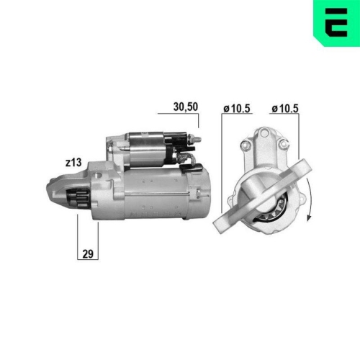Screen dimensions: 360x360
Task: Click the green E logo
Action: click(x=336, y=22)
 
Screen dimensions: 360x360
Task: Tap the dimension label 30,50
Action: click(x=186, y=107)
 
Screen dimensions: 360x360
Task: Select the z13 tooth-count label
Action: click(x=73, y=163)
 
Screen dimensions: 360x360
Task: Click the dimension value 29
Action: click(x=88, y=253)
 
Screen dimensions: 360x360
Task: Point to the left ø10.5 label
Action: click(x=237, y=109)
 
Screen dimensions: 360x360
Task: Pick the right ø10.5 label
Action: click(x=285, y=109)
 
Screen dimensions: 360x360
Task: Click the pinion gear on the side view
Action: click(x=78, y=197)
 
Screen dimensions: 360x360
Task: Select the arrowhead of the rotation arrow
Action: click(x=309, y=217)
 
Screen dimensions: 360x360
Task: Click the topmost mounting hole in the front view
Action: click(x=265, y=132)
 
